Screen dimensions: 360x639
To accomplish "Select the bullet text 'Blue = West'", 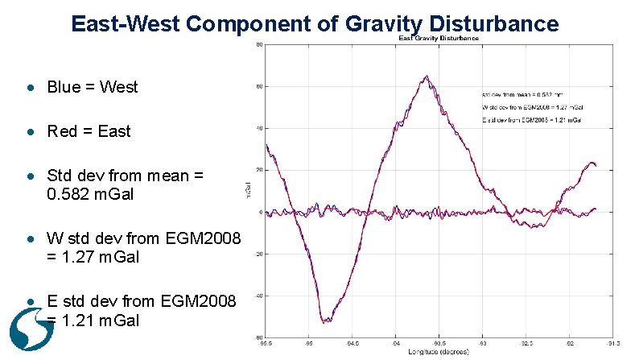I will [x=93, y=86].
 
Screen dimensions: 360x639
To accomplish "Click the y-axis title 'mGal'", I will [x=247, y=190].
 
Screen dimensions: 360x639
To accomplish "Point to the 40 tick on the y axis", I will [x=258, y=128].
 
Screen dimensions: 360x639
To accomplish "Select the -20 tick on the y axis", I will [x=258, y=254].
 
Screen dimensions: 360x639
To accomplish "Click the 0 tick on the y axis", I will [x=259, y=212].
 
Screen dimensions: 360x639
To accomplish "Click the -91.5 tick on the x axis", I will [x=614, y=343].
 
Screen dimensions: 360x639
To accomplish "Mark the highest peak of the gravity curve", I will [x=427, y=77].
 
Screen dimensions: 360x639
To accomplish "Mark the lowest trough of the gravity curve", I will [x=324, y=322].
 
